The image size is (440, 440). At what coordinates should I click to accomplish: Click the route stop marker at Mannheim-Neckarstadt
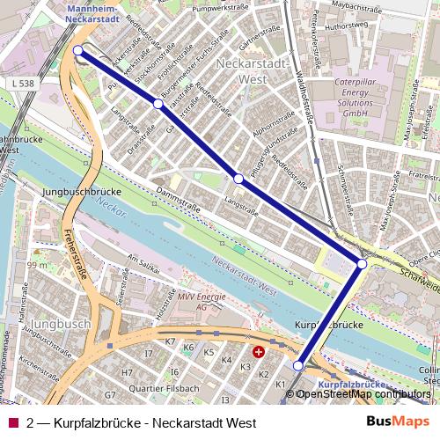(79, 50)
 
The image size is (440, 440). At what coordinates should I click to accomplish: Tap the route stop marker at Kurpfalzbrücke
(298, 365)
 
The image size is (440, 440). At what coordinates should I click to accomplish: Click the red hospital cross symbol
(258, 351)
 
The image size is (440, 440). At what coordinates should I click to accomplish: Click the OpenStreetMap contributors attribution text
(363, 394)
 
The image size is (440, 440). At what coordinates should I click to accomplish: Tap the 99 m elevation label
(36, 265)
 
